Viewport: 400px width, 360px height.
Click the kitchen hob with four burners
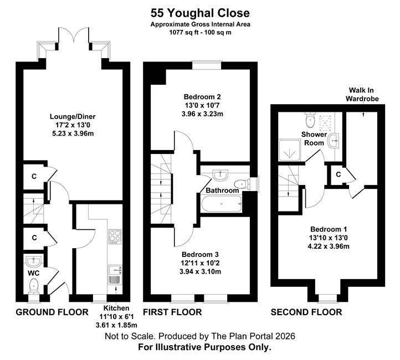(115, 236)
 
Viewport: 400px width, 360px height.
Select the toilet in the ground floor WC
(34, 286)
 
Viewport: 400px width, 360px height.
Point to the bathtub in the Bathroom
(222, 204)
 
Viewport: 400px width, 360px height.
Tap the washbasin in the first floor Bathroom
(219, 175)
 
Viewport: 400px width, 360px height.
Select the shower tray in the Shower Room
(290, 150)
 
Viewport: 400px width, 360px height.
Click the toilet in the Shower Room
(310, 120)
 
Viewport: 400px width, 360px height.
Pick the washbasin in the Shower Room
(334, 141)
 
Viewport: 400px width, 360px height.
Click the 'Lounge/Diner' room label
(73, 116)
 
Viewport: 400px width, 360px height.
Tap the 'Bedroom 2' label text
(202, 97)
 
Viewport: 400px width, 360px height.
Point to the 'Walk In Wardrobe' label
(362, 94)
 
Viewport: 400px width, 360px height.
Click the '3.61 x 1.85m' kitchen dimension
(116, 325)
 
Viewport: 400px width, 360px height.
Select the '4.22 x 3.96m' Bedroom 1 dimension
(329, 246)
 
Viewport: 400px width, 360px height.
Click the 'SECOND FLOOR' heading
(306, 312)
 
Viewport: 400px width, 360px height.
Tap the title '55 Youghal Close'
(200, 13)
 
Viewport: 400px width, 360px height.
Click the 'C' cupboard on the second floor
(339, 174)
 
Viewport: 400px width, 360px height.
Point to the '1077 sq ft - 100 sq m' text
(200, 32)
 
